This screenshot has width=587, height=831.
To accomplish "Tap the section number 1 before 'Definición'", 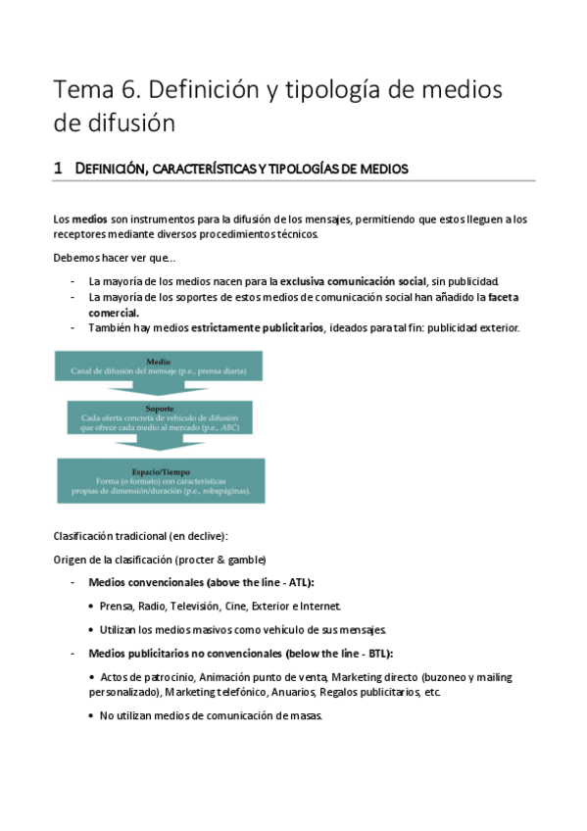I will click(x=58, y=169).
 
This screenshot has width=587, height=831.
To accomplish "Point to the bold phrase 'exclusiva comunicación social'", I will click(x=356, y=281).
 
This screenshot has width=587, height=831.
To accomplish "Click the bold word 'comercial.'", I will click(x=114, y=312).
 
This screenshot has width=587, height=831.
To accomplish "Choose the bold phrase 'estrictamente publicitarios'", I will click(x=257, y=327).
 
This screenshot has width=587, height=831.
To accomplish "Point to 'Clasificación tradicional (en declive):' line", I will click(x=142, y=535).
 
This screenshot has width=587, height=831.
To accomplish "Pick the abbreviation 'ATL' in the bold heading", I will click(x=294, y=582).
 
